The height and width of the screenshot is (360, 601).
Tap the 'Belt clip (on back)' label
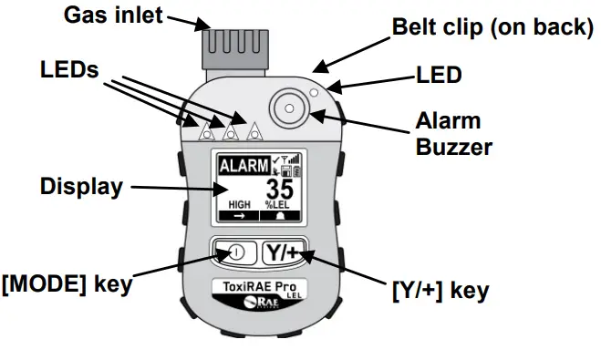click(x=492, y=26)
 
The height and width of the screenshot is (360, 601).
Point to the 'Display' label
click(x=81, y=188)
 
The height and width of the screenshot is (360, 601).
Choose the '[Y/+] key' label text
click(x=440, y=291)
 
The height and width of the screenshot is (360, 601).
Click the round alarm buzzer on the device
click(x=288, y=107)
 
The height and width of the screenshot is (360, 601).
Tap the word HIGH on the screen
click(x=238, y=206)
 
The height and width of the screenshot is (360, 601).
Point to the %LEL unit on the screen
click(x=277, y=206)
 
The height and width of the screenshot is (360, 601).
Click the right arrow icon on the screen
click(x=239, y=218)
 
